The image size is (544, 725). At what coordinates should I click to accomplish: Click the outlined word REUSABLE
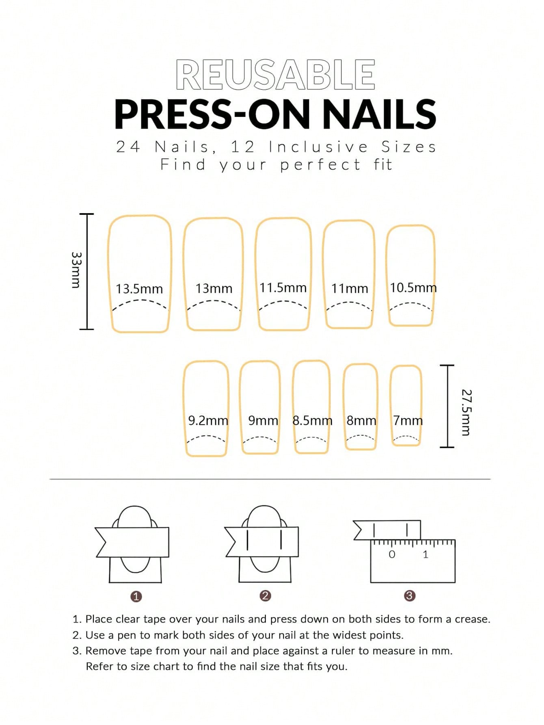[275, 74]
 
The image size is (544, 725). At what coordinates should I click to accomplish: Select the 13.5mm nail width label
[139, 289]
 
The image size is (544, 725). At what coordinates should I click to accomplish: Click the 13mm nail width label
[214, 289]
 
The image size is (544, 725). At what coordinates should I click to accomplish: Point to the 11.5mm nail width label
[283, 288]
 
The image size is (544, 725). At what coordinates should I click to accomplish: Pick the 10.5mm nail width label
[413, 288]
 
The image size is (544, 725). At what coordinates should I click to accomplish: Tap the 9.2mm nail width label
[208, 421]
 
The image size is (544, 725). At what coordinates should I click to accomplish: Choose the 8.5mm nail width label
[312, 421]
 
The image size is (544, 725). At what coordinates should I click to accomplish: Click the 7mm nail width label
[408, 421]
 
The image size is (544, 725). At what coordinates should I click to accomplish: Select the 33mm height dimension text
[76, 270]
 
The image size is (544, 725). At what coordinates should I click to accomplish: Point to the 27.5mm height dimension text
[467, 412]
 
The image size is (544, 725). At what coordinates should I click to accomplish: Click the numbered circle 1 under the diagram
[136, 597]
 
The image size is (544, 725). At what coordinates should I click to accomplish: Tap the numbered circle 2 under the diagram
[265, 596]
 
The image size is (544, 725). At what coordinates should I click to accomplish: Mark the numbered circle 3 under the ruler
[410, 596]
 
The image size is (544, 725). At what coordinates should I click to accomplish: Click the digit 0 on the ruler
[392, 554]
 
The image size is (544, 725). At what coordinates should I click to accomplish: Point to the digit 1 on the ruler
[425, 554]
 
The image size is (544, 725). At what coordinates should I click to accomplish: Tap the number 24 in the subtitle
[128, 147]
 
